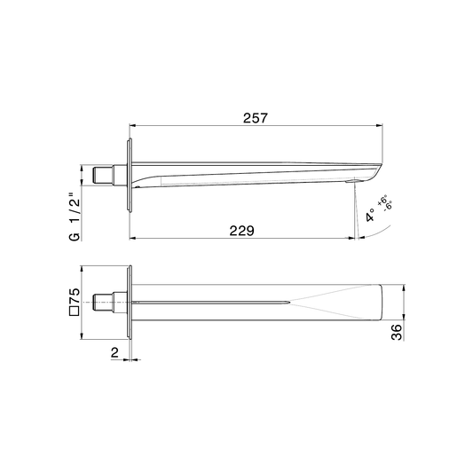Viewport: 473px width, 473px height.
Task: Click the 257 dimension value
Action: coord(256,118)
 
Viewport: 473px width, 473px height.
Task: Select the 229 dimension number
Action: coord(242,231)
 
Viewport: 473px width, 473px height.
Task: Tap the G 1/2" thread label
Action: coord(75,216)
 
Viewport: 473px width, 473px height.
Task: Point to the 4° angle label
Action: coord(370,215)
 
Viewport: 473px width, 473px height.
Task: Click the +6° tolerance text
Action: coord(382,201)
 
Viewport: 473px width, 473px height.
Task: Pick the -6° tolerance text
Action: coord(388,206)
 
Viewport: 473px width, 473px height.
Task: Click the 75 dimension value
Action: coord(75,296)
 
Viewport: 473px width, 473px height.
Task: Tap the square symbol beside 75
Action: coord(75,311)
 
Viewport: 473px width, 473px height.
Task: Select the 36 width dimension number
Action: coord(397,332)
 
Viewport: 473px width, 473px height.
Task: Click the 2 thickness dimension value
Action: coord(115,352)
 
